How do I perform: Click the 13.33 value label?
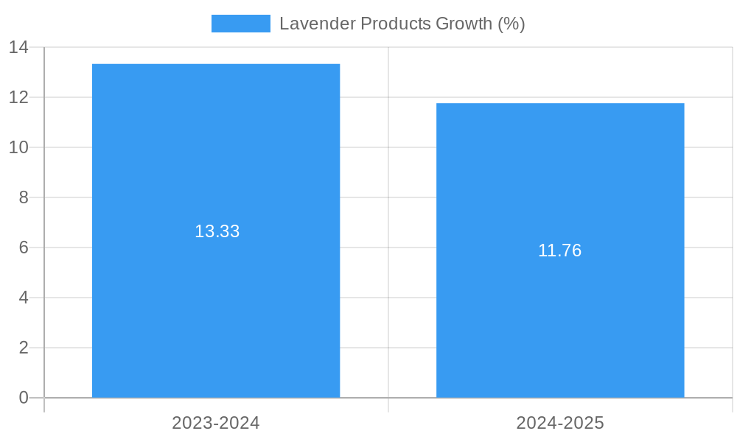217,231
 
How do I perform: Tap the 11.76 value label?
559,250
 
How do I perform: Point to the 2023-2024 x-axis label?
216,423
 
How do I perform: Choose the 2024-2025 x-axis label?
560,423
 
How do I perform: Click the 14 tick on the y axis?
18,48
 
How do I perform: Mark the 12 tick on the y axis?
18,97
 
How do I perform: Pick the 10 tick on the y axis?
18,147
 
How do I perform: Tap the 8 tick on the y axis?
24,197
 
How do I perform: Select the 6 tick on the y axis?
24,248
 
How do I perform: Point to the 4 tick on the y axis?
24,298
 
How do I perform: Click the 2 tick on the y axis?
24,348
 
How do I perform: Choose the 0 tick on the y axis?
24,398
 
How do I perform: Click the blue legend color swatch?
240,24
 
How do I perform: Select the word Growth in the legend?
464,24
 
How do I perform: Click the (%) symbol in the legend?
511,24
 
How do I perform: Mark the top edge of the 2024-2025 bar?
560,104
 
